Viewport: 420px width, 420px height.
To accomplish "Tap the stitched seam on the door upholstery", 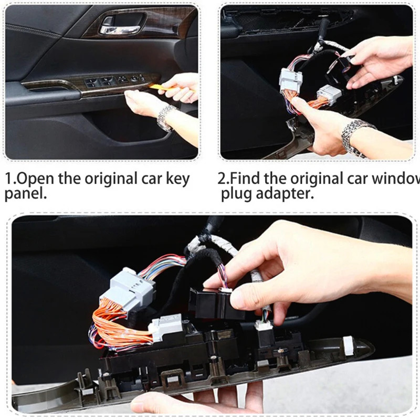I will (31, 30).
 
